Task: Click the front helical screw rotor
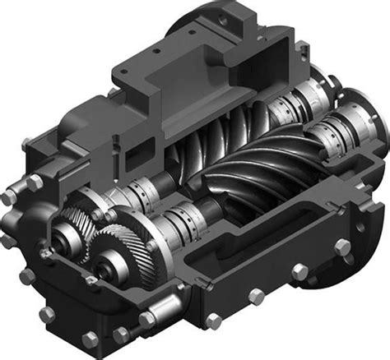click(x=247, y=177)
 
